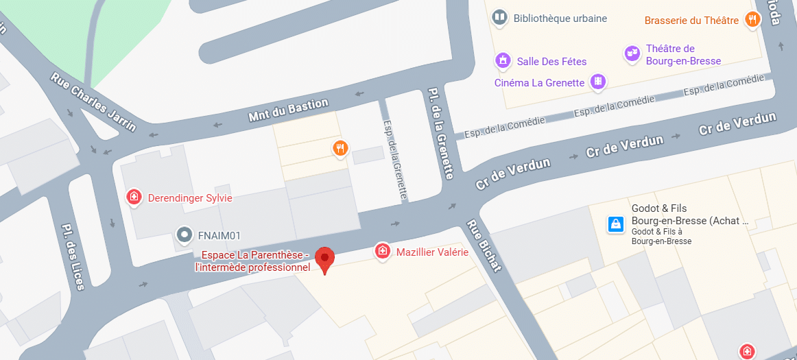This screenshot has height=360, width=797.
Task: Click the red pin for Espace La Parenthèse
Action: tap(324, 259)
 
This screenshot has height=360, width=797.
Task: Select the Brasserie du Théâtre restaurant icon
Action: tap(752, 19)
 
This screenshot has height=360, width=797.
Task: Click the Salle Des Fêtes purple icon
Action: tap(504, 61)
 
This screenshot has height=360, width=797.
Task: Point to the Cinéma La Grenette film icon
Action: tap(599, 82)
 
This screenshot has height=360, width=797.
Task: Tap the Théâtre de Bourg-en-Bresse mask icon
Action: tap(632, 53)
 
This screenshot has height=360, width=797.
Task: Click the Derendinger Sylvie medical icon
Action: tap(134, 197)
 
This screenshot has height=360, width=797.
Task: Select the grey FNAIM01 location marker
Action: tap(185, 235)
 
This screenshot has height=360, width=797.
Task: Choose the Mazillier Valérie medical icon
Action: tap(383, 252)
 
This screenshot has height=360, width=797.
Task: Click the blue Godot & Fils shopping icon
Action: tap(616, 224)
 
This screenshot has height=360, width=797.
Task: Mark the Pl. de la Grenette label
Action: tap(440, 133)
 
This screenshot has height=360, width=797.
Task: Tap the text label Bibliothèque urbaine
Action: tap(560, 19)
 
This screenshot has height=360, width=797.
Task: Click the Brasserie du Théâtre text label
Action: tap(691, 21)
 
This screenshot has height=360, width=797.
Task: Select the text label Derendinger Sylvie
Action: tap(190, 198)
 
